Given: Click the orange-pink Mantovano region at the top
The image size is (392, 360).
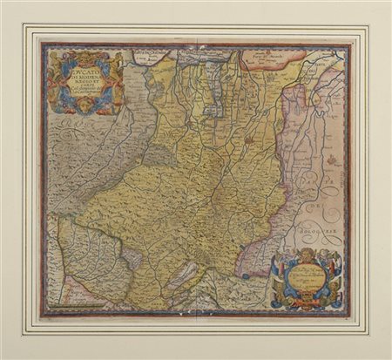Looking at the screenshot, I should pyautogui.click(x=274, y=58).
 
